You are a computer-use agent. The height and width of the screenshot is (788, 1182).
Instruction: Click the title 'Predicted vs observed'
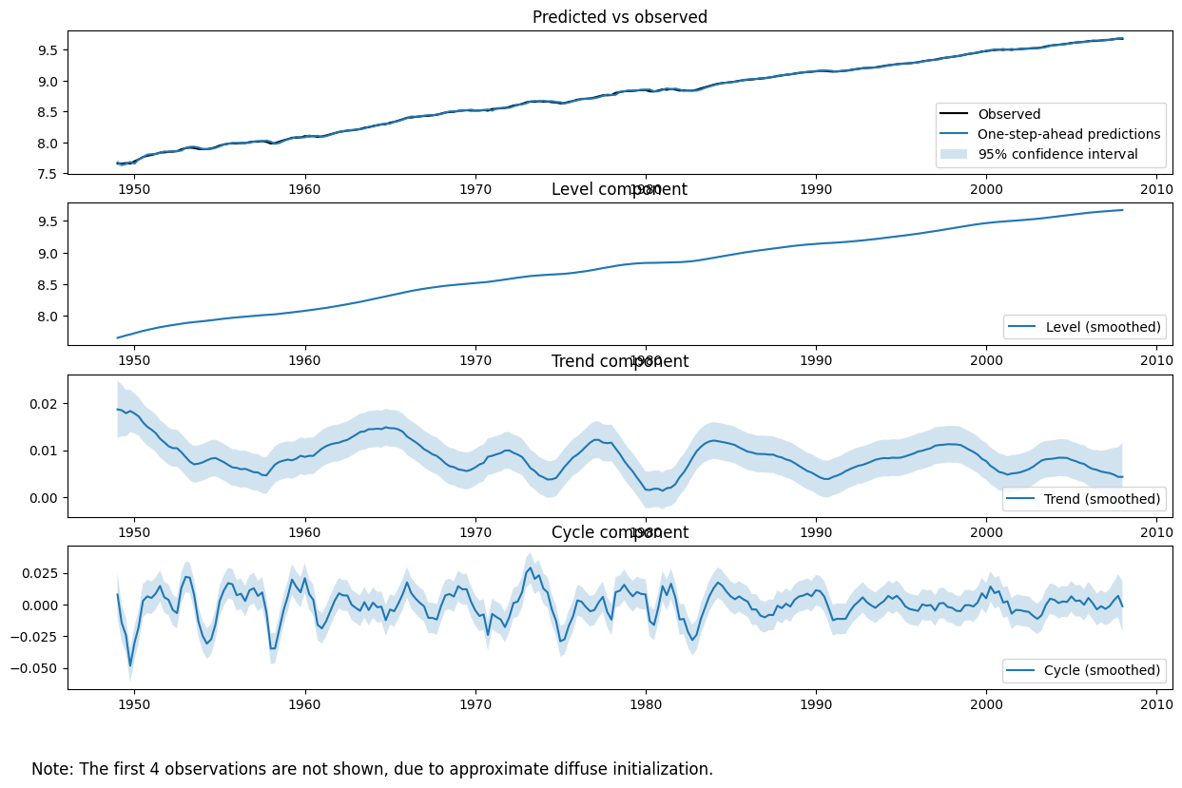pos(619,17)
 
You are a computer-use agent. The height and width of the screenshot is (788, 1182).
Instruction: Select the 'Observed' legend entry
pos(1009,115)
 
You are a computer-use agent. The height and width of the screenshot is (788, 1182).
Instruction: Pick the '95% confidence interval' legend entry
pos(1057,154)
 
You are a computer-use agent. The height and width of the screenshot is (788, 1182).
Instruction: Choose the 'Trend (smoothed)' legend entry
pos(1102,499)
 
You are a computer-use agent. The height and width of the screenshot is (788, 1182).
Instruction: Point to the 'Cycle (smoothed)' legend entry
pos(1102,670)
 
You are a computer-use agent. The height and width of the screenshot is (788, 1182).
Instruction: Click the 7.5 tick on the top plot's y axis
pos(45,174)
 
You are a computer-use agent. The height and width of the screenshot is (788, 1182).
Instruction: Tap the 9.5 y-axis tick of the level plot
pos(45,221)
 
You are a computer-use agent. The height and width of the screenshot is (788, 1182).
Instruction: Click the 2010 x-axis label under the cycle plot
pos(1156,704)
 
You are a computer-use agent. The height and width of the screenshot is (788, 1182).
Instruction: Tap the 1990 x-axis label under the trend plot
pos(816,533)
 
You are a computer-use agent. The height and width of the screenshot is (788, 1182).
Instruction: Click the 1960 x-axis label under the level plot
pos(304,361)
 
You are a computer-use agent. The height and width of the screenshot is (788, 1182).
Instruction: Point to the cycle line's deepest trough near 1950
pos(130,665)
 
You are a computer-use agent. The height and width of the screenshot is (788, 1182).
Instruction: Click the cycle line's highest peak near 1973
pos(530,568)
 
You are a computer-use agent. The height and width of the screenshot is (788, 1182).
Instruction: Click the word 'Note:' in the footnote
pos(52,769)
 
